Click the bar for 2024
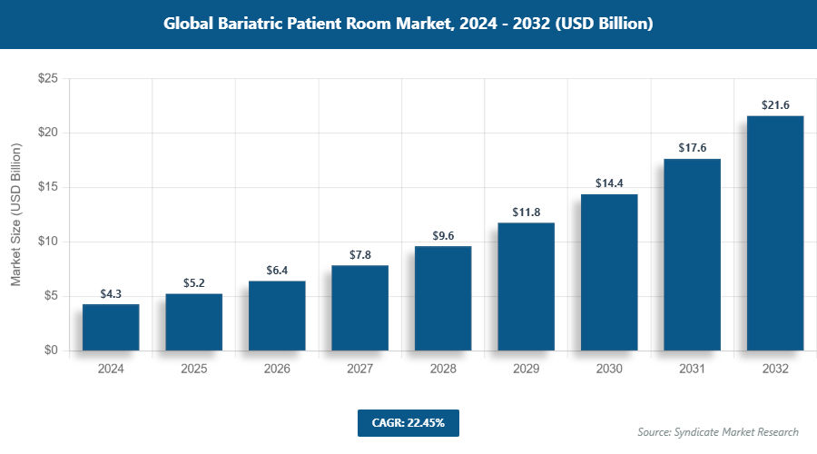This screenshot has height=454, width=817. tap(111, 327)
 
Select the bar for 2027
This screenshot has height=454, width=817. tap(359, 308)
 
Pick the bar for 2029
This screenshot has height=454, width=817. tap(526, 286)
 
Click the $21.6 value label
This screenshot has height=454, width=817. tap(775, 105)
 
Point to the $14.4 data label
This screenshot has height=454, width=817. tap(609, 183)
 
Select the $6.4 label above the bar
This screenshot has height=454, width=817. tap(277, 271)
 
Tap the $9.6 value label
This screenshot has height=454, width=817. tap(443, 236)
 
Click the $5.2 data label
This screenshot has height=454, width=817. tap(193, 283)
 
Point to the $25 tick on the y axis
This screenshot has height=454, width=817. tap(48, 79)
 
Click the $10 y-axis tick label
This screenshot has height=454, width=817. tap(48, 242)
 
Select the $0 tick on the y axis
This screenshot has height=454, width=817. tap(51, 350)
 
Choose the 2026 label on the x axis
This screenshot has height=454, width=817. tap(277, 370)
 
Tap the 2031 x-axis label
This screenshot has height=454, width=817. tap(692, 370)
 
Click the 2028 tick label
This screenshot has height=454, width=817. tap(443, 370)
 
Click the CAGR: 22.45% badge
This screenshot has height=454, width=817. tap(408, 422)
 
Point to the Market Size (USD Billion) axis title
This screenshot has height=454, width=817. tap(16, 214)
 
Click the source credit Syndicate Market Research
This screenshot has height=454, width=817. tap(718, 431)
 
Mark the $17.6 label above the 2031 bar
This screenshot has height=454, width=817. tap(692, 148)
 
